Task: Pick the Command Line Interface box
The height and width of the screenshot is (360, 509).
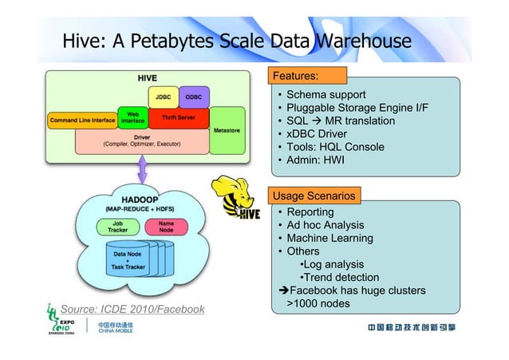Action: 82,121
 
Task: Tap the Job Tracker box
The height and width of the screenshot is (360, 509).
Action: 116,227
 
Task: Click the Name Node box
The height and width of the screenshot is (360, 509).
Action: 166,227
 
